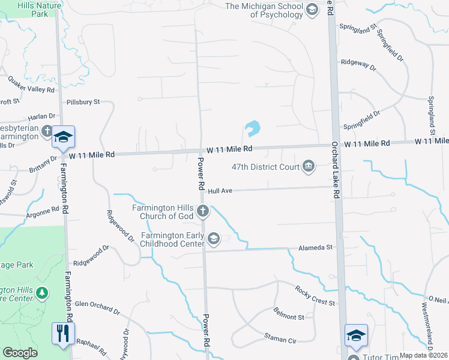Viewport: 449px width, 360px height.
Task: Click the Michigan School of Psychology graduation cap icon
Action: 312,10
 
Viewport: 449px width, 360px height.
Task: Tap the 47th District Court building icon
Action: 309,166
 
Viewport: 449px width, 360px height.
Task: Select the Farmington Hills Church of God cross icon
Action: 203,211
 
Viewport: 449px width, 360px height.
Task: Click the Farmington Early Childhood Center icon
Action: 213,239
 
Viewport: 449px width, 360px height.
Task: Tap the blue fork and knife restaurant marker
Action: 64,333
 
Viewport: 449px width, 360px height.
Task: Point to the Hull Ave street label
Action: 220,191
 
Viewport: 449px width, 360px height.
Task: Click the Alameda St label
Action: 316,248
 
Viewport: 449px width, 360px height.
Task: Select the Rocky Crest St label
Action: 315,296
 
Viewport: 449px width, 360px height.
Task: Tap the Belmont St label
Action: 289,316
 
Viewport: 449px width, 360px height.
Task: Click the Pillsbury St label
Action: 83,103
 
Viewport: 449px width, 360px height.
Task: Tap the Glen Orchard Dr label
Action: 97,308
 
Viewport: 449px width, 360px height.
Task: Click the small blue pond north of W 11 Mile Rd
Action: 252,128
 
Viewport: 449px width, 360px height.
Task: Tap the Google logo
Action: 20,353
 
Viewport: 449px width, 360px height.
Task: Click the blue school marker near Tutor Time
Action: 356,334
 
